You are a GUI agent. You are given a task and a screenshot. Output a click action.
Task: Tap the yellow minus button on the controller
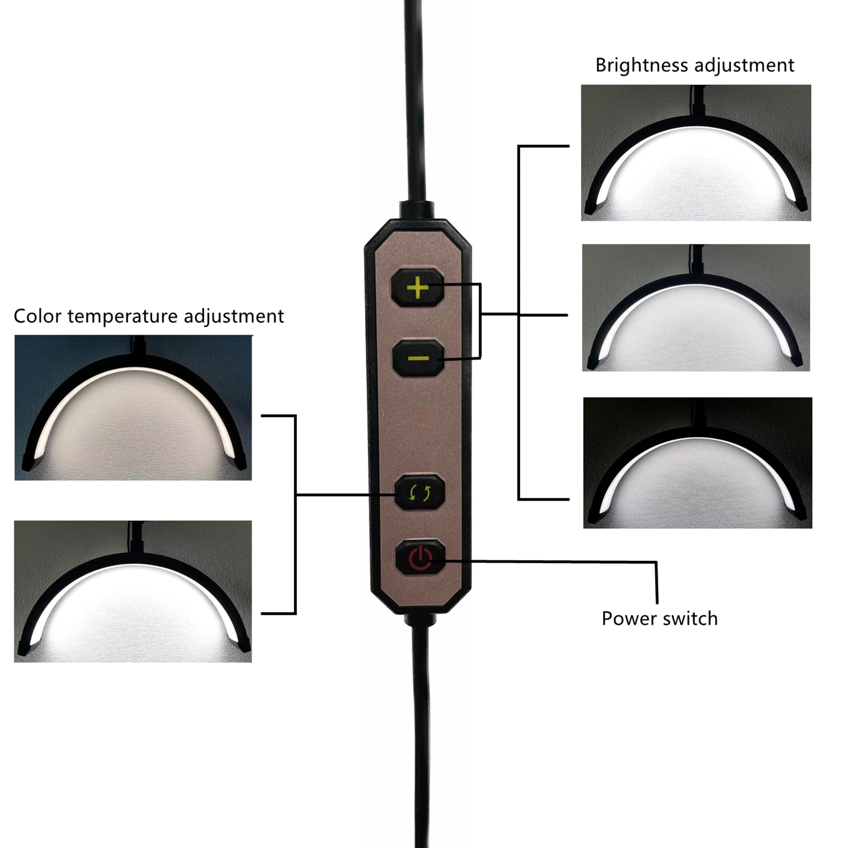tap(418, 359)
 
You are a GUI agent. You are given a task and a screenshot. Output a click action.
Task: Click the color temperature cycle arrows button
tap(420, 493)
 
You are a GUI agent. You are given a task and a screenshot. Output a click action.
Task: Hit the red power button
tap(421, 558)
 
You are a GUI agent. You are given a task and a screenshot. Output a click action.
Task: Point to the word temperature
tap(122, 316)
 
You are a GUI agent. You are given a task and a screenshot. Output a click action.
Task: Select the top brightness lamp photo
tap(695, 153)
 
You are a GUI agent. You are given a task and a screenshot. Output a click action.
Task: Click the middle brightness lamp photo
tap(695, 308)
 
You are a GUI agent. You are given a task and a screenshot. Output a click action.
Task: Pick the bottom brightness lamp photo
tap(697, 462)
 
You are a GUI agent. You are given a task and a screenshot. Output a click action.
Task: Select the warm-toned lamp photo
tap(133, 408)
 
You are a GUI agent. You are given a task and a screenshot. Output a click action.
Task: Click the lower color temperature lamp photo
tap(133, 591)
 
